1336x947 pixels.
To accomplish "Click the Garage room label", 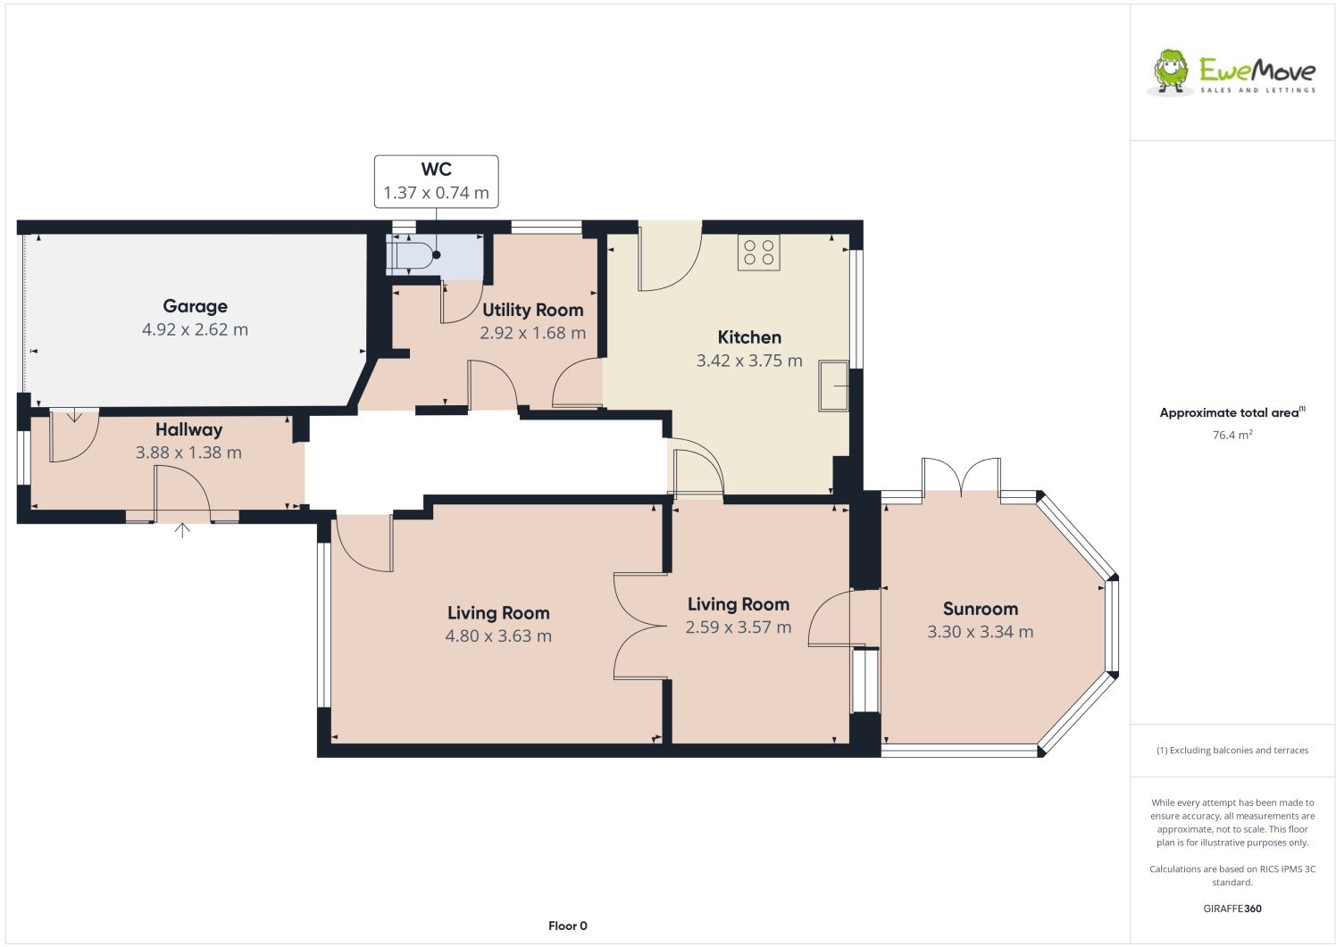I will (195, 306).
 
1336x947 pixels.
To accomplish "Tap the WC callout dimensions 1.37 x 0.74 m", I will (436, 193).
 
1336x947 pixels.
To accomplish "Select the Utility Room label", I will (532, 310).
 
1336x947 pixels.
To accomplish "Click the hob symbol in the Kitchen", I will (758, 252).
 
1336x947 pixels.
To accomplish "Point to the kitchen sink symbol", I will (833, 386).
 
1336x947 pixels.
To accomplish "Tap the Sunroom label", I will (980, 609).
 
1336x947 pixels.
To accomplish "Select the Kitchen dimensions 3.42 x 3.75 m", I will (748, 361).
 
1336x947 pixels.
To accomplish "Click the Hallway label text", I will (188, 429).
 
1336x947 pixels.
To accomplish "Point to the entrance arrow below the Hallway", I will (182, 530).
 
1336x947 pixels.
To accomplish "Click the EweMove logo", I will (1232, 72).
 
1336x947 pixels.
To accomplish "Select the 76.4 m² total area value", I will (1232, 436).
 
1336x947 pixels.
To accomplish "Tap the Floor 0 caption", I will (567, 926).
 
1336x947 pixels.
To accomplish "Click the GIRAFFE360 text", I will (1232, 909).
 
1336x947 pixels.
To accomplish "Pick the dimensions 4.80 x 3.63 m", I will (498, 636).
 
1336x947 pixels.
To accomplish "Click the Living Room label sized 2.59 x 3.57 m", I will (738, 604).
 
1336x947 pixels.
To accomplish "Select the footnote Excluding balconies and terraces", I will (1232, 751).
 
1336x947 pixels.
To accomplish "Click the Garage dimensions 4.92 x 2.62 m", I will (195, 329).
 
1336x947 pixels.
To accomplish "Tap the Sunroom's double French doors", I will (961, 478).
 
